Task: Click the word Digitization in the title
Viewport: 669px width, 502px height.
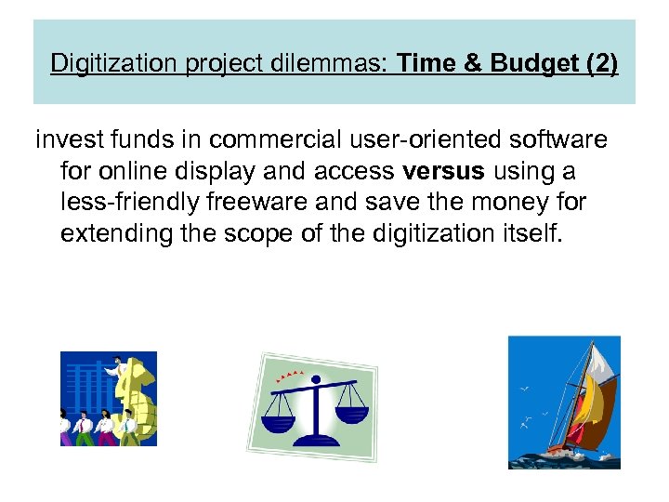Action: (x=107, y=64)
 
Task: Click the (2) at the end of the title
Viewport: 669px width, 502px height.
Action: (x=600, y=64)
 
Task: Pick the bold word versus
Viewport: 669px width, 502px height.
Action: (x=444, y=171)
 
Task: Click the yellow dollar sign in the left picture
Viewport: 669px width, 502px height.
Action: (x=139, y=395)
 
